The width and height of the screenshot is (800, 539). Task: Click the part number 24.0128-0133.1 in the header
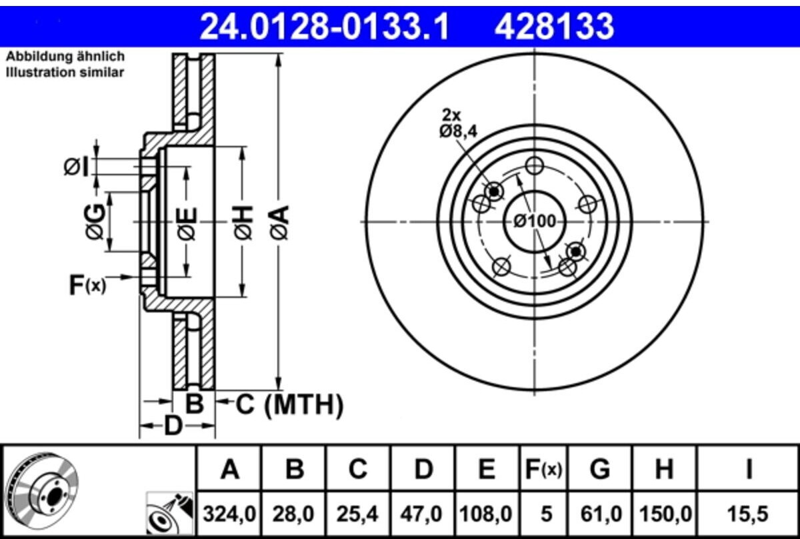pyautogui.click(x=324, y=27)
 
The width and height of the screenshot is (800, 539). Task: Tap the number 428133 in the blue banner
pyautogui.click(x=554, y=27)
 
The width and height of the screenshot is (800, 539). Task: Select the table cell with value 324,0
pyautogui.click(x=229, y=514)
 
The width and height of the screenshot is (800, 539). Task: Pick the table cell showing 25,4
pyautogui.click(x=358, y=514)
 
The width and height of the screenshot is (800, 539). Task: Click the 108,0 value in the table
pyautogui.click(x=486, y=514)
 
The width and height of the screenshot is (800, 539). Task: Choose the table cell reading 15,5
pyautogui.click(x=748, y=514)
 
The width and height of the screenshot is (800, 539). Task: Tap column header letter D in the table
pyautogui.click(x=423, y=469)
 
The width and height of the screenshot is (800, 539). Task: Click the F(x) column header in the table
pyautogui.click(x=543, y=470)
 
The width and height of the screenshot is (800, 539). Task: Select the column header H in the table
pyautogui.click(x=664, y=469)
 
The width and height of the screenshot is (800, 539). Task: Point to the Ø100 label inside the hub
pyautogui.click(x=535, y=221)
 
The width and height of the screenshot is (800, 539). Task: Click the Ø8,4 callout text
pyautogui.click(x=458, y=132)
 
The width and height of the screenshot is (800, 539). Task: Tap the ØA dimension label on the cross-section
pyautogui.click(x=279, y=223)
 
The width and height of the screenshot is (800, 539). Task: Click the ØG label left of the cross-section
pyautogui.click(x=95, y=221)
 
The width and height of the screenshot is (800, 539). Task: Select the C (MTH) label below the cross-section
pyautogui.click(x=289, y=405)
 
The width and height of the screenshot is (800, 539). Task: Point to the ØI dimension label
pyautogui.click(x=76, y=167)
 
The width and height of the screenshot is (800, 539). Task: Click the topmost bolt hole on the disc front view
pyautogui.click(x=534, y=166)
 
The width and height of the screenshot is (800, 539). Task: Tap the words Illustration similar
pyautogui.click(x=65, y=73)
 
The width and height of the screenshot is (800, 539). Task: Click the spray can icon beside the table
pyautogui.click(x=169, y=514)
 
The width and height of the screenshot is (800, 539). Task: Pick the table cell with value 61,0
pyautogui.click(x=601, y=514)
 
